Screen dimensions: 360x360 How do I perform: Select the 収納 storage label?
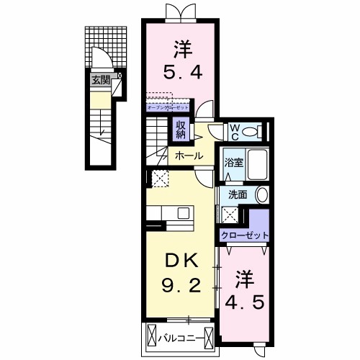click(x=179, y=130)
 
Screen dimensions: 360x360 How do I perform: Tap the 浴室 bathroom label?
click(x=233, y=162)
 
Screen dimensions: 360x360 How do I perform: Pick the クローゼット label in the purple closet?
click(x=244, y=235)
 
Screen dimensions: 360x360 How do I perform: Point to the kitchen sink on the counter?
click(x=182, y=212)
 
